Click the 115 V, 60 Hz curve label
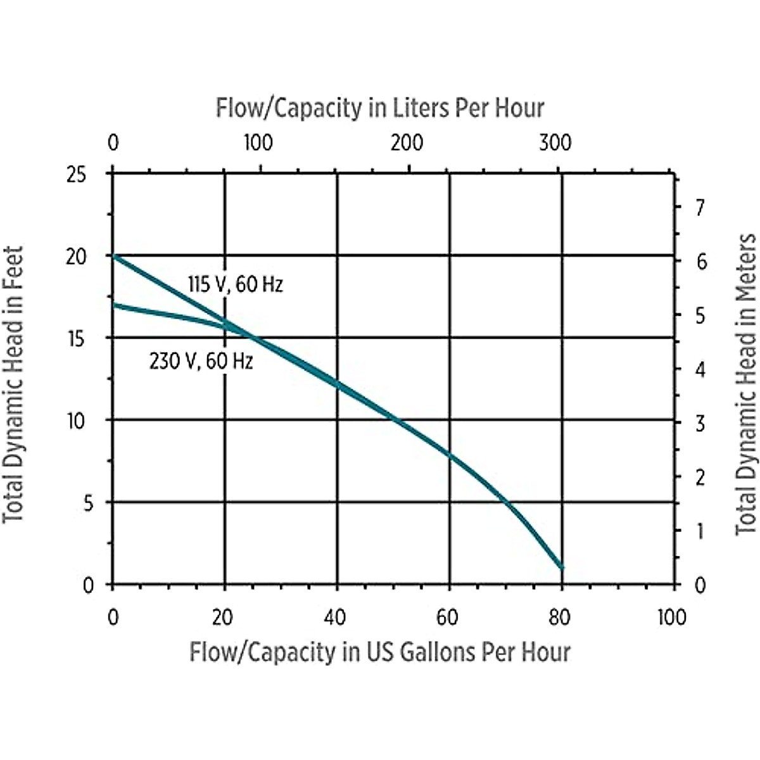click(236, 285)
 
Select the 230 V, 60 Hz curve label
click(201, 362)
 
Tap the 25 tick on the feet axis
click(76, 175)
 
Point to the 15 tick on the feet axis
click(76, 339)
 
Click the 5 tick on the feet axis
click(88, 503)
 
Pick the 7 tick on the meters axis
click(700, 207)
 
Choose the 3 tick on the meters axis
click(700, 423)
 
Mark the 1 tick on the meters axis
click(700, 531)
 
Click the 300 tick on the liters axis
click(555, 143)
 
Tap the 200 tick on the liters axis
click(407, 143)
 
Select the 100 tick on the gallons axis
click(671, 617)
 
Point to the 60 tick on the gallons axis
click(448, 617)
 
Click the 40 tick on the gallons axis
click(335, 617)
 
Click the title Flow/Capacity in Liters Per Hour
click(380, 108)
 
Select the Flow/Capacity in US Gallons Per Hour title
click(380, 652)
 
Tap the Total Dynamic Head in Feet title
click(14, 384)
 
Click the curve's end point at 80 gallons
click(561, 567)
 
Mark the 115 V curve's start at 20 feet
click(113, 255)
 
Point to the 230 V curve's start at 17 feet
click(113, 305)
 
